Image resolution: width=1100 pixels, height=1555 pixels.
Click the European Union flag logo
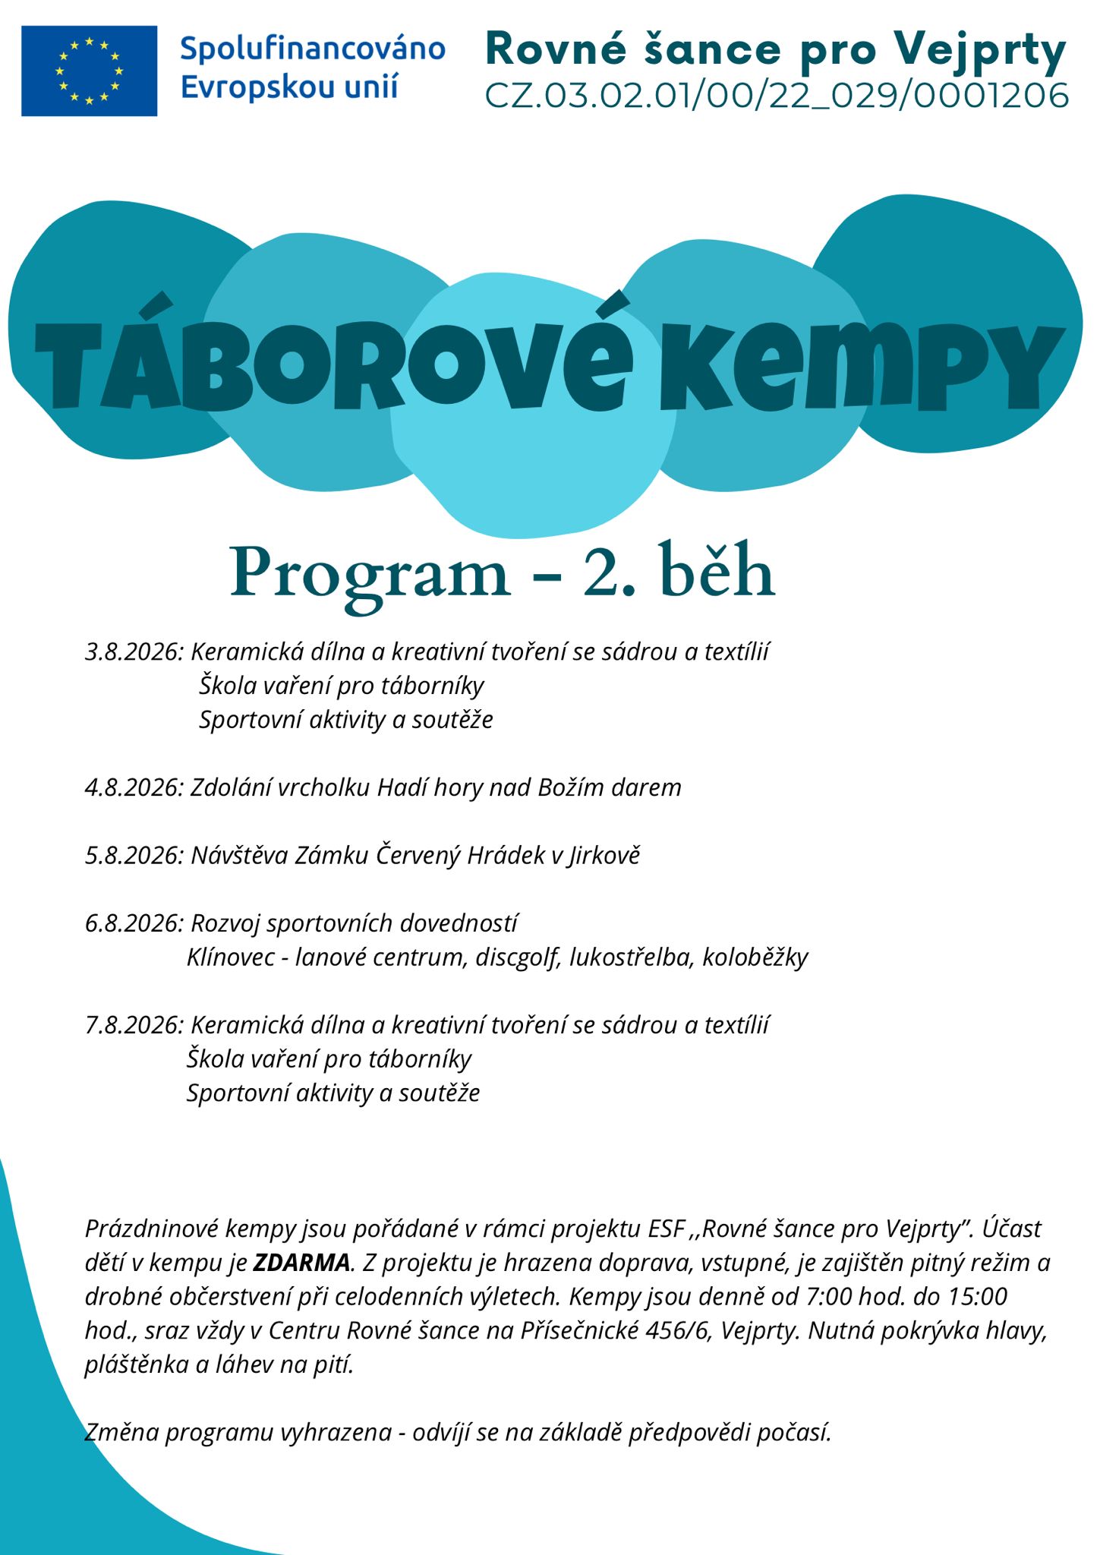click(x=89, y=71)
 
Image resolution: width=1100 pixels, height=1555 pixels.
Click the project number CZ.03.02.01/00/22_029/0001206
click(x=777, y=96)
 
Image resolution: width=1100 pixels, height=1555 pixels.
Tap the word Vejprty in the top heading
click(x=979, y=49)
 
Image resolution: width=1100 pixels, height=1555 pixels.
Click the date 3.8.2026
click(x=134, y=652)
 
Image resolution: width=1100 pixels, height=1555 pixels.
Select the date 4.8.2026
click(x=134, y=787)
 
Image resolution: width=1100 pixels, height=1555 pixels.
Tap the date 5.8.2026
click(x=134, y=856)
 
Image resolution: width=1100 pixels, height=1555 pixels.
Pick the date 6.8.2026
click(x=134, y=923)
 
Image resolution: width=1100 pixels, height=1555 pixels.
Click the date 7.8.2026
click(x=134, y=1025)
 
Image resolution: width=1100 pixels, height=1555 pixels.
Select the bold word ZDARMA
click(x=301, y=1263)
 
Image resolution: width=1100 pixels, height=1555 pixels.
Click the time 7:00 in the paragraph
click(x=827, y=1296)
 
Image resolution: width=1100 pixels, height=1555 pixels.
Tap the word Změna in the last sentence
click(x=121, y=1432)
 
